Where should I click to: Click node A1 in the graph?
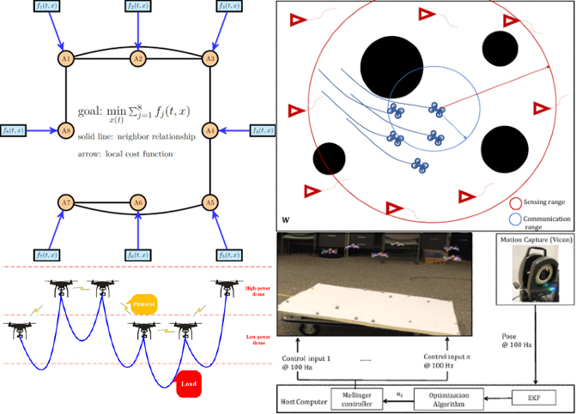[66, 58]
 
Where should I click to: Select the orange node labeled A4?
[209, 130]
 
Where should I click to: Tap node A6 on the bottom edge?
[137, 203]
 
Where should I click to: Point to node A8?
[66, 130]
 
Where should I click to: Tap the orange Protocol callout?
[142, 303]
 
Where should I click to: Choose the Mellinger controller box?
[356, 399]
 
